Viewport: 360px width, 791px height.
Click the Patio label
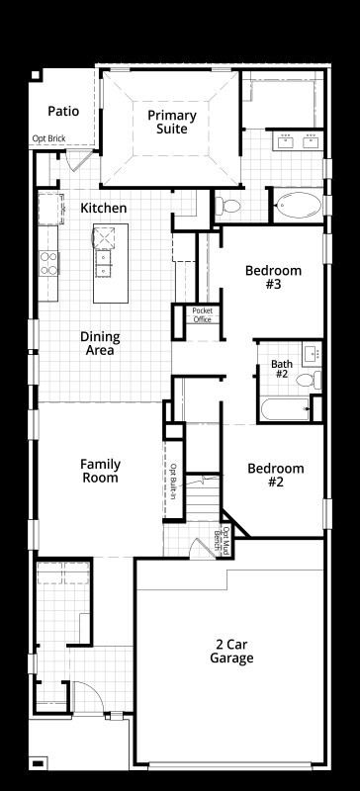click(x=63, y=111)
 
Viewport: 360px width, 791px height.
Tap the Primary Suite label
click(x=172, y=122)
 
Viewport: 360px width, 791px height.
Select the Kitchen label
click(x=104, y=208)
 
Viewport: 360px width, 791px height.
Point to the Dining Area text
click(x=100, y=343)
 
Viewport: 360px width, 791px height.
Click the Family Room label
click(x=100, y=471)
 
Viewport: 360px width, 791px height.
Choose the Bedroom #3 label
click(x=273, y=277)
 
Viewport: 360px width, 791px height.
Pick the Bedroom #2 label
click(x=276, y=476)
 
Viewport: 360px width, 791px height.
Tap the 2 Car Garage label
click(x=231, y=652)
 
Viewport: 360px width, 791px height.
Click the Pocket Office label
click(x=203, y=314)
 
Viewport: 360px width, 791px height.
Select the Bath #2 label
click(x=281, y=369)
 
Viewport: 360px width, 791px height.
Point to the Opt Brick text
click(x=49, y=138)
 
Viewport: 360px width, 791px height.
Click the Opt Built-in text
click(x=173, y=482)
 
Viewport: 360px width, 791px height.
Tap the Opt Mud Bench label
click(x=225, y=541)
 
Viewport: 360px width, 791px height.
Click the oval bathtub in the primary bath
click(x=299, y=206)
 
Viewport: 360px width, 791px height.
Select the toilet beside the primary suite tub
click(x=228, y=205)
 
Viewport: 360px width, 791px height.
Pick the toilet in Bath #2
click(x=309, y=380)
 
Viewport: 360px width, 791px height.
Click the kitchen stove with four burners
click(x=49, y=263)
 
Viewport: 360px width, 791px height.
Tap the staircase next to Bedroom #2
click(x=203, y=499)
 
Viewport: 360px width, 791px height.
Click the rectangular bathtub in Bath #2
click(x=286, y=409)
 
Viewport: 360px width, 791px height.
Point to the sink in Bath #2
click(x=312, y=354)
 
